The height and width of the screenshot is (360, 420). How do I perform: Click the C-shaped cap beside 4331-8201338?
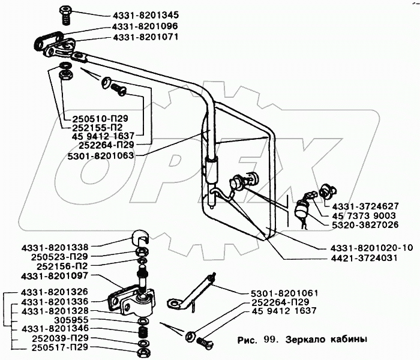pyautogui.click(x=140, y=236)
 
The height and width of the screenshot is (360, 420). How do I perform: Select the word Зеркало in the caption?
pyautogui.click(x=305, y=339)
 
